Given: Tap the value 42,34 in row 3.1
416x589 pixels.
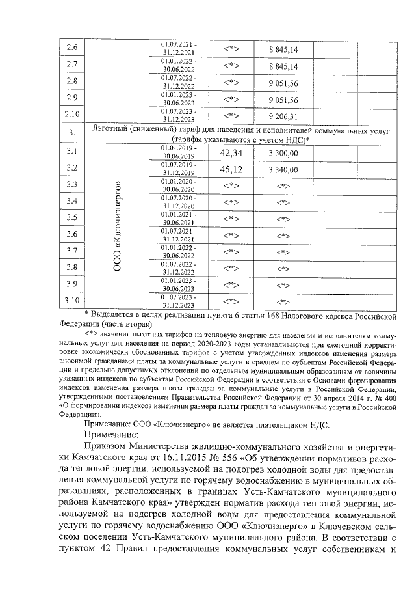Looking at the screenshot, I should (x=231, y=153).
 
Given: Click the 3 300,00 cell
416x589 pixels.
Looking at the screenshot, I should (x=283, y=154).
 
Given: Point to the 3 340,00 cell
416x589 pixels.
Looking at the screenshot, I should (x=283, y=171).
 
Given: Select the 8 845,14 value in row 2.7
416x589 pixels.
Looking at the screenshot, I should (x=283, y=66).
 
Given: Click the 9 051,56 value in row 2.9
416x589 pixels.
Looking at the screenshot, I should (x=283, y=100).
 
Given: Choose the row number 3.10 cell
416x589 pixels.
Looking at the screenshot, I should (x=72, y=300).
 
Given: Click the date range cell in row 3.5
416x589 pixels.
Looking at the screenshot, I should (x=179, y=217).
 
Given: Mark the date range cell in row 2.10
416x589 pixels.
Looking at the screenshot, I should (x=179, y=116).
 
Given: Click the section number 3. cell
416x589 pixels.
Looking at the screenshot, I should (x=72, y=133).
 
